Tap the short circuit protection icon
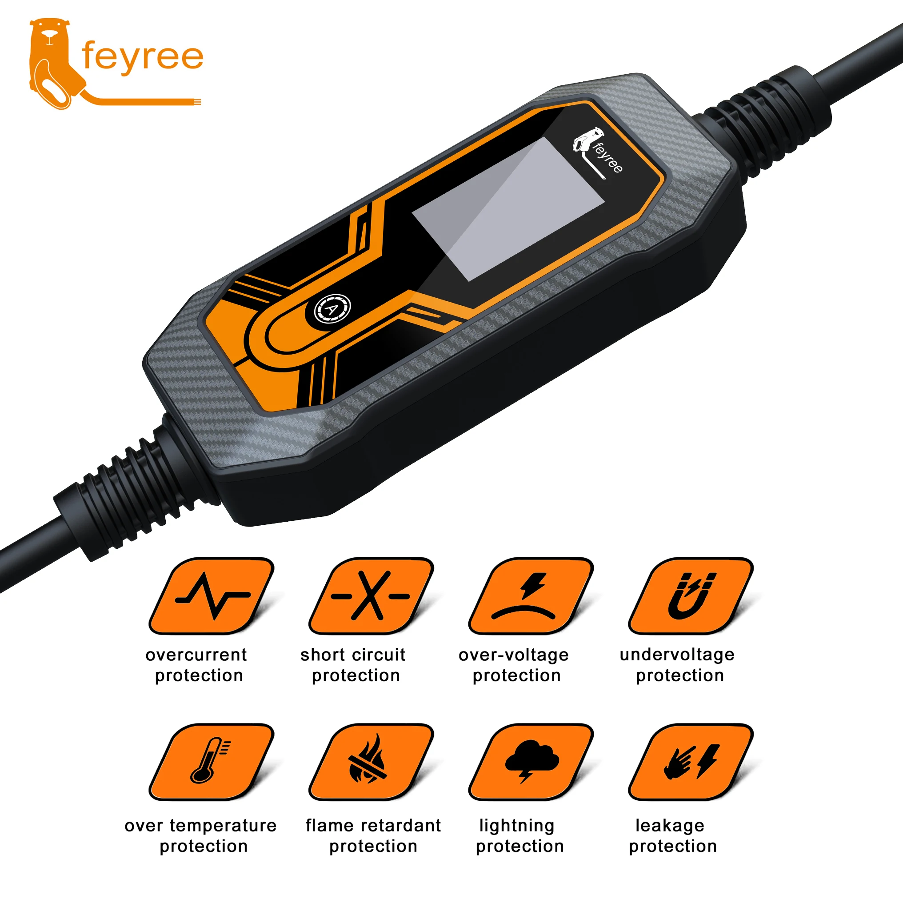coord(372,596)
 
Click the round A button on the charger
coord(332,309)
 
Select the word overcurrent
coord(196,655)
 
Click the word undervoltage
coord(677,655)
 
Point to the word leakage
coord(670,825)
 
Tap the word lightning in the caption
coord(517,826)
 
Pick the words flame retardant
coord(373,825)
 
